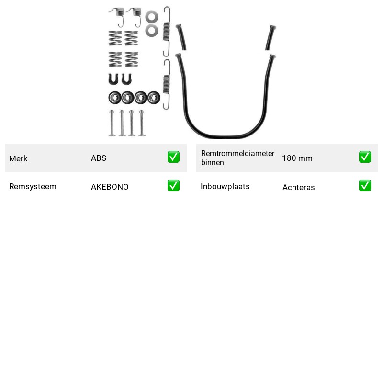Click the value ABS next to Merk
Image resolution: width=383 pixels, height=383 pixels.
[x=99, y=158]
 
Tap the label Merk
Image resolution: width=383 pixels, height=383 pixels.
[x=18, y=158]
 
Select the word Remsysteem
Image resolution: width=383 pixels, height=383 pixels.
[x=33, y=186]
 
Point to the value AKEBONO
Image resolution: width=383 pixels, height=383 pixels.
[x=110, y=187]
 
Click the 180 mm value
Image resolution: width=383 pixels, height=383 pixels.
[x=297, y=158]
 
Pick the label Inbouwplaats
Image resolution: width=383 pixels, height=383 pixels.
[x=225, y=186]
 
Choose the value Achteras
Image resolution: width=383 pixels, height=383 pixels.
[x=298, y=187]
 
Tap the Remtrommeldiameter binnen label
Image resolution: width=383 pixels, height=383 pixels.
[x=237, y=158]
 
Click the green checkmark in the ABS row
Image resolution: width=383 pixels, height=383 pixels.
[x=173, y=157]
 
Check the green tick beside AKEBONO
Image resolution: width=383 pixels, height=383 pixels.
[x=173, y=186]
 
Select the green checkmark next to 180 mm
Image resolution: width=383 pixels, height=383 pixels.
[x=365, y=157]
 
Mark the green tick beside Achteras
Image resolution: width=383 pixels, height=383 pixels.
[x=365, y=186]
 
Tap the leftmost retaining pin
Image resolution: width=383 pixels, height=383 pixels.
[x=112, y=123]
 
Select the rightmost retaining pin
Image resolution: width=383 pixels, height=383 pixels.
[x=142, y=123]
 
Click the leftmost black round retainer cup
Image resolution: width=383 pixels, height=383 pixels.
[x=115, y=98]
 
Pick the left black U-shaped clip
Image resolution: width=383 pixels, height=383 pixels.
[x=113, y=79]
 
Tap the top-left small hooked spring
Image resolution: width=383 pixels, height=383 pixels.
[x=117, y=17]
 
